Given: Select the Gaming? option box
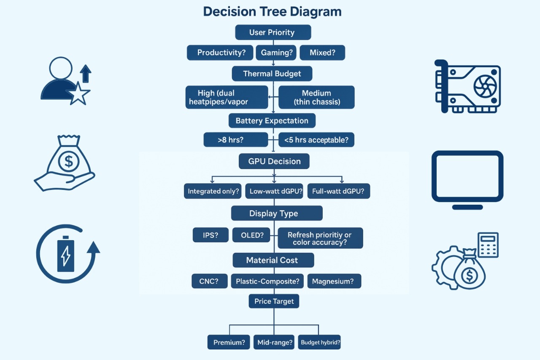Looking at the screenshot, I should [276, 53].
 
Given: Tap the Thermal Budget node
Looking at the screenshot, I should [272, 74].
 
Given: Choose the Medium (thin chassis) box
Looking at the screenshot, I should [316, 97].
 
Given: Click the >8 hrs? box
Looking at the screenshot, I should [235, 140].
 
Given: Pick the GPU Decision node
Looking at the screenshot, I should [274, 161].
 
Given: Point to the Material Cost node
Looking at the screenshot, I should [273, 260].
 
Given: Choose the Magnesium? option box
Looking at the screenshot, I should [334, 281].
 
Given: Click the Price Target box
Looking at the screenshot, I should [274, 301].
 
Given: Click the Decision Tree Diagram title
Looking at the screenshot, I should [272, 12].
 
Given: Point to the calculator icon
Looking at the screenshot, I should [488, 244].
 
